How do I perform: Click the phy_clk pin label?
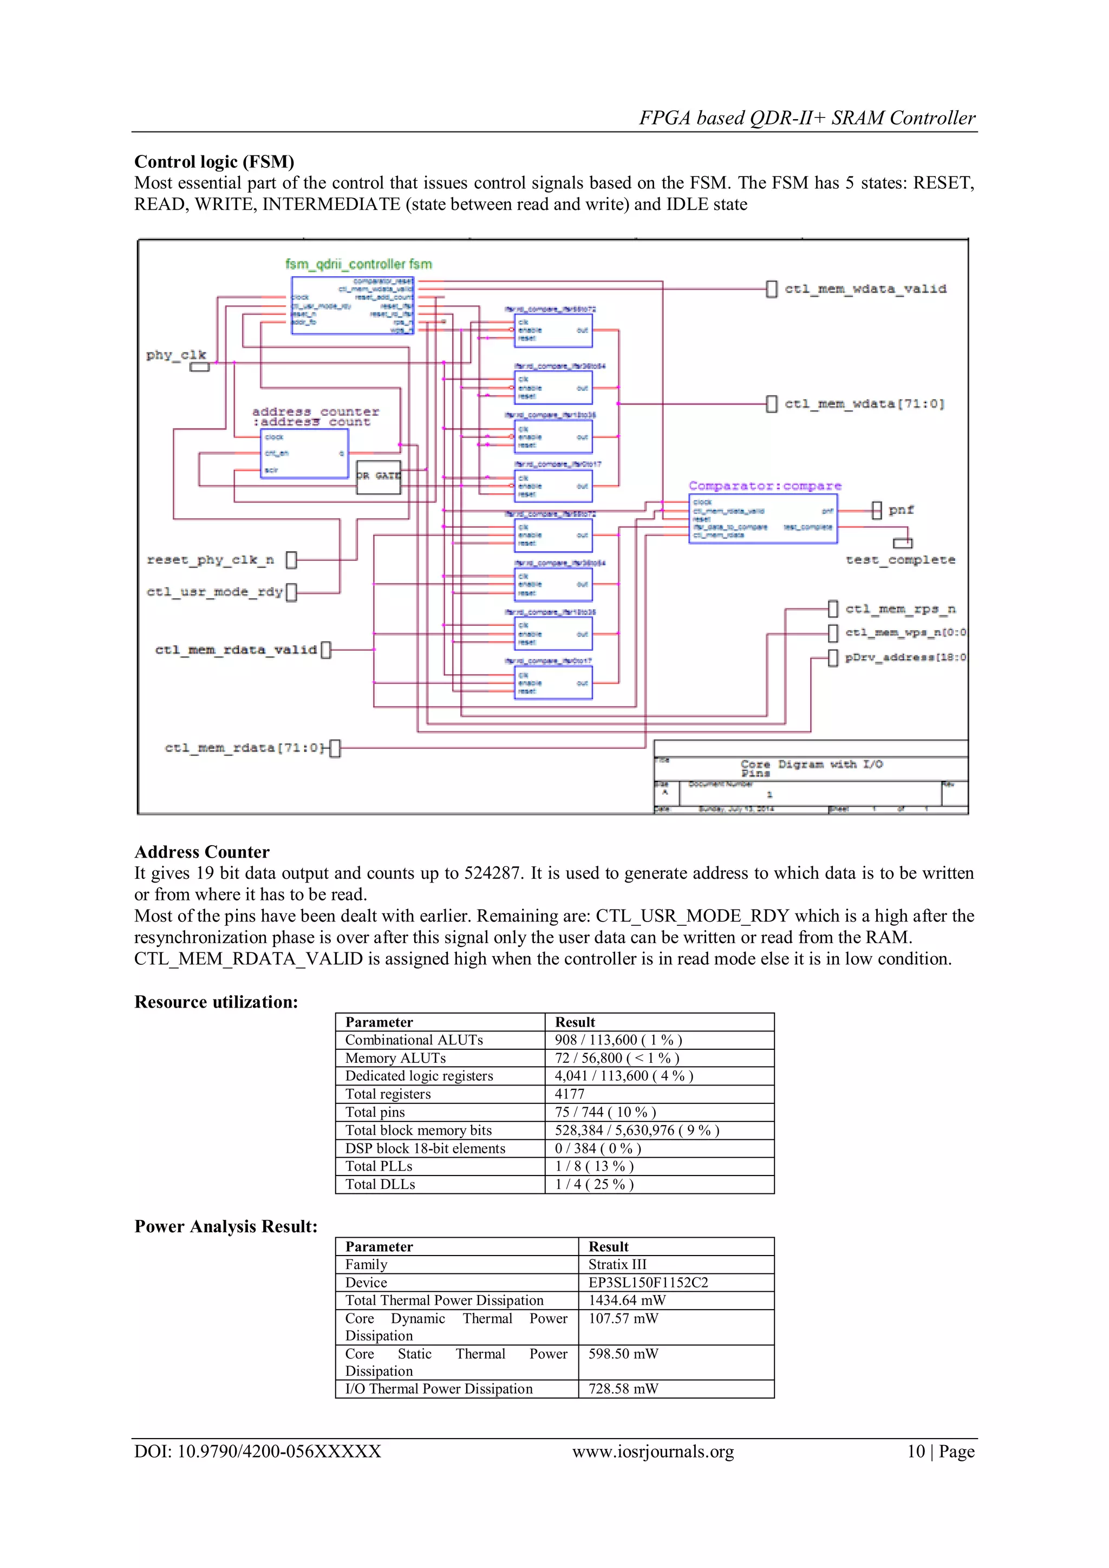175,355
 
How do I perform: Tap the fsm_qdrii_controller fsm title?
358,264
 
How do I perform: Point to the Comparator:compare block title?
765,486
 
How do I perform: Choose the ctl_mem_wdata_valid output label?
865,289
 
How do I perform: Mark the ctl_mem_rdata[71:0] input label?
243,748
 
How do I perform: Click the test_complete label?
900,560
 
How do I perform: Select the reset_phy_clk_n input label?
210,560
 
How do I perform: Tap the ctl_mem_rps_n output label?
900,609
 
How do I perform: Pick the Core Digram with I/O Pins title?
811,768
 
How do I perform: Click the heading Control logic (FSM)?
214,162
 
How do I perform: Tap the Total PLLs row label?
379,1166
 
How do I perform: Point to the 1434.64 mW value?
627,1301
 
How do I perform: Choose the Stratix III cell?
617,1265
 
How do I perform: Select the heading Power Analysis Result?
226,1226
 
